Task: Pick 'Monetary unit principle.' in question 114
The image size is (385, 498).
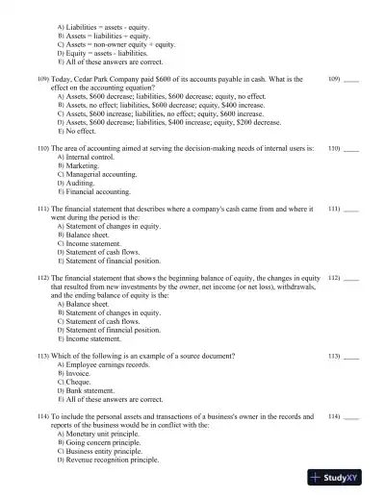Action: coord(105,434)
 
